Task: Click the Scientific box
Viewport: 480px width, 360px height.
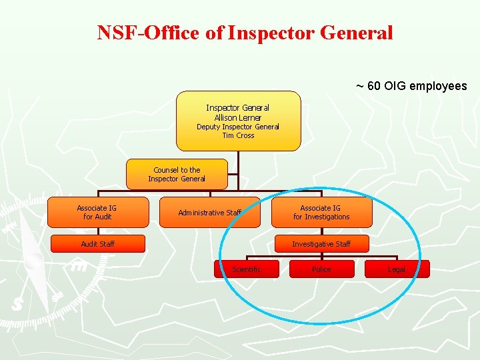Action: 246,269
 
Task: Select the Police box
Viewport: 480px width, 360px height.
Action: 321,269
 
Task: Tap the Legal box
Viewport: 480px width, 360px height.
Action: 397,269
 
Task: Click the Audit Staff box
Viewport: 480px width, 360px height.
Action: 98,244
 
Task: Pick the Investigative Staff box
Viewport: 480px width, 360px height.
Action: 321,244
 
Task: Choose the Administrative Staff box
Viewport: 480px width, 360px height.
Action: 209,213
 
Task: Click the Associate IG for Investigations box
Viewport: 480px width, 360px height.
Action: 321,213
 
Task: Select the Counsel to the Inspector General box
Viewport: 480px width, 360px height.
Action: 177,174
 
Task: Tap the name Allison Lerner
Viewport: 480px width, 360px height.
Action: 238,118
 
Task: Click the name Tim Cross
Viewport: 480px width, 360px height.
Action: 238,135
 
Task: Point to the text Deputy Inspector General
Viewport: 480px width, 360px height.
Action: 238,127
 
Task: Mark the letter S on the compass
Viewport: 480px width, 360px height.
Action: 17,303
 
